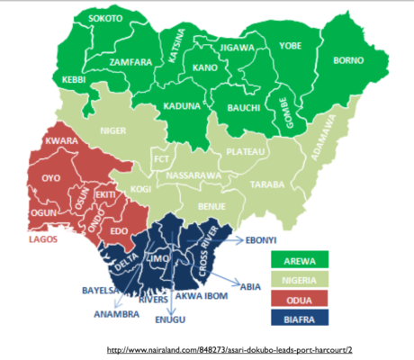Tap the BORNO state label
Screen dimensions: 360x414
[x=347, y=61]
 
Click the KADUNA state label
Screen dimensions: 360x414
[x=182, y=106]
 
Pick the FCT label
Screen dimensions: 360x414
[x=162, y=159]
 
